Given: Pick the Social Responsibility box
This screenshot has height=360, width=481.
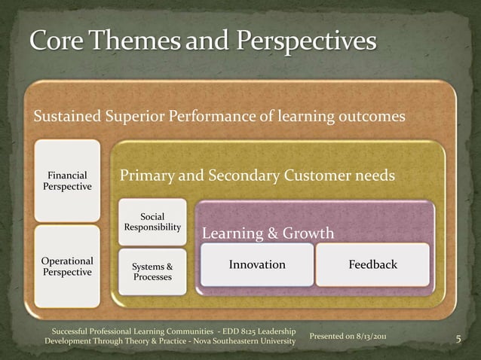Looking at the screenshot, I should (152, 222).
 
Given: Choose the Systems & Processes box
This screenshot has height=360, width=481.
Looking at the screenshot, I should (152, 272).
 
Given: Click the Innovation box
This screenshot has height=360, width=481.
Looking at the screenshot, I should (257, 264).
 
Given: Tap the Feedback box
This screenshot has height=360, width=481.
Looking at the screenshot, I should (372, 264).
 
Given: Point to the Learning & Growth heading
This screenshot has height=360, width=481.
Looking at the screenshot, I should (268, 234).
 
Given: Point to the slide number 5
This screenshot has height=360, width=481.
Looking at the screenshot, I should (459, 340).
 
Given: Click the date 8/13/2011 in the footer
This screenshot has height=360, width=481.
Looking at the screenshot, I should (366, 335).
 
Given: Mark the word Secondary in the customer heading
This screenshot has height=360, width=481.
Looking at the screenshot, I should (238, 176).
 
